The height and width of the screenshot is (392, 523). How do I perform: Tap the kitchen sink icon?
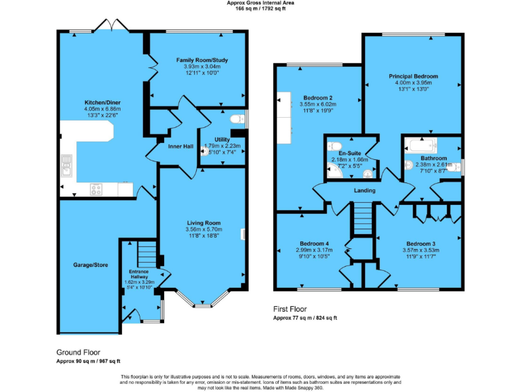point(66,165)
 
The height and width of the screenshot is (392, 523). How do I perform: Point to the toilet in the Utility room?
point(237,120)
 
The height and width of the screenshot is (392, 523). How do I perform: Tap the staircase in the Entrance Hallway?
point(146,257)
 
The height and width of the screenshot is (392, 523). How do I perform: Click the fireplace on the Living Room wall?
point(243,235)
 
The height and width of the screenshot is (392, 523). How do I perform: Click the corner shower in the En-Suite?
point(334,174)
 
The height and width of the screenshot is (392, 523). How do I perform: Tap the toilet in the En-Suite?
point(334,146)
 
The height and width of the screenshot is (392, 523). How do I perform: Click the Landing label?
point(364,191)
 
